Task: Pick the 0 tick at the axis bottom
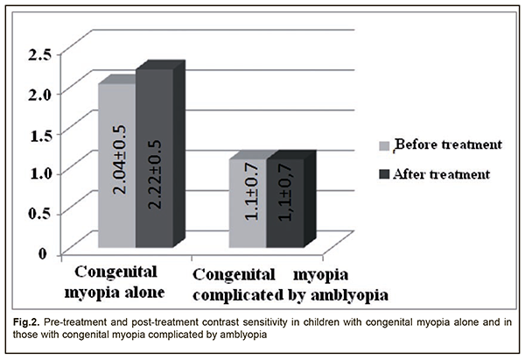tap(42, 252)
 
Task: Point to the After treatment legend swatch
tap(383, 173)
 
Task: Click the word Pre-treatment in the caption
tap(85, 322)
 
